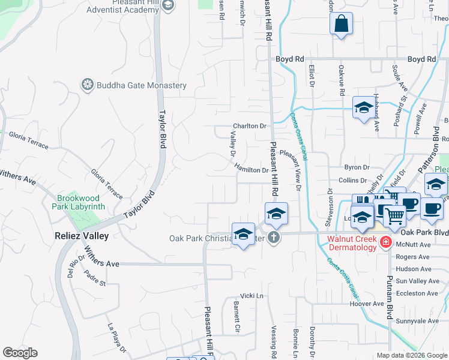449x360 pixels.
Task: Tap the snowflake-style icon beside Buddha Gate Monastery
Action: (88, 85)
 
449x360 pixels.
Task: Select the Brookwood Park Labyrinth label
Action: (81, 202)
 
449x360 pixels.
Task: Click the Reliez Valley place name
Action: (82, 236)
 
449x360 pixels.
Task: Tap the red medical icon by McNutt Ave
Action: (385, 243)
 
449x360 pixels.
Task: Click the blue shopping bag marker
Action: (341, 25)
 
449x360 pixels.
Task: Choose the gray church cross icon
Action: (274, 238)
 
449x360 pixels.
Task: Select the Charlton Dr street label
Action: (249, 127)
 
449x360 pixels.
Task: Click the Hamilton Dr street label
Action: (252, 170)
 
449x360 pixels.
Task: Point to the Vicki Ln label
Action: (252, 296)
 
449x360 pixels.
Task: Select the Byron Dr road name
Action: (355, 168)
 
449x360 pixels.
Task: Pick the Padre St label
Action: (95, 278)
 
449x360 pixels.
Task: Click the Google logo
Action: (20, 353)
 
